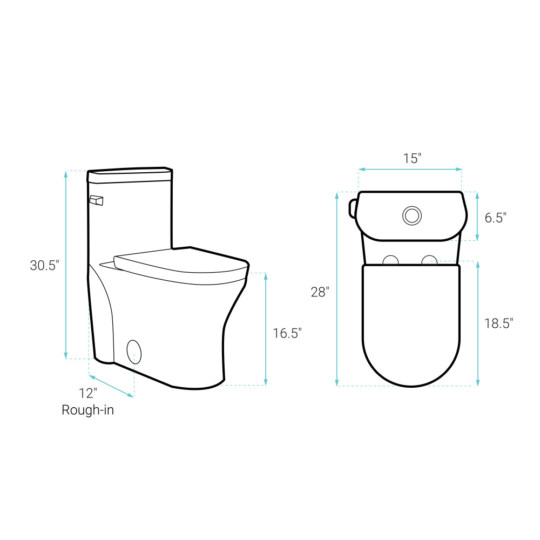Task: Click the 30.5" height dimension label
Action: pos(44,265)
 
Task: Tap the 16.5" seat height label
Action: pos(287,333)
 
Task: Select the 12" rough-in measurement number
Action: pos(88,393)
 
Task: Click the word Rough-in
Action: pos(87,410)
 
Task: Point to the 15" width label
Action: pos(412,158)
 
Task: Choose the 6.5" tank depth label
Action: pos(496,218)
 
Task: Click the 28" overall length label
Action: pos(320,292)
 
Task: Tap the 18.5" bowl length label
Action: pos(498,323)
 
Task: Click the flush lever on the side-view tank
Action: pos(97,200)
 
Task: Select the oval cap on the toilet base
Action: pos(134,352)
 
